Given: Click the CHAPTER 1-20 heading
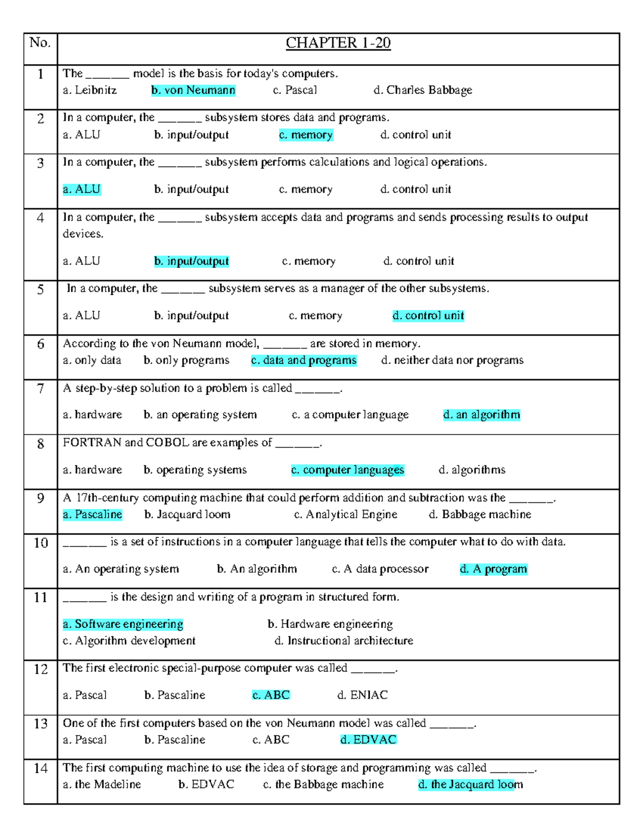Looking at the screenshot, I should click(x=338, y=43).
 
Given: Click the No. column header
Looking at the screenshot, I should click(x=40, y=43).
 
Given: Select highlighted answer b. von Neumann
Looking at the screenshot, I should click(x=193, y=91).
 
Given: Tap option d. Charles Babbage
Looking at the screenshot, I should click(x=423, y=91).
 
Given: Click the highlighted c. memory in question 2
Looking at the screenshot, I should click(x=306, y=135).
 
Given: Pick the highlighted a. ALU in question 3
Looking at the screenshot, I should click(x=81, y=190).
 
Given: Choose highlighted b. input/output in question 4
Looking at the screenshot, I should click(x=191, y=261).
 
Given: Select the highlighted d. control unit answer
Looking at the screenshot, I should click(x=428, y=316).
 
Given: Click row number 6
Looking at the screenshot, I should click(x=41, y=344).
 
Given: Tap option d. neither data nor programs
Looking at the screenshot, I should click(x=452, y=361).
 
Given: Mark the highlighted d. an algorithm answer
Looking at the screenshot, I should click(x=481, y=415).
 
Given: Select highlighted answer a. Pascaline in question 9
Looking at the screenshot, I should click(x=92, y=515).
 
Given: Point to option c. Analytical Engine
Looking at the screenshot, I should click(x=346, y=515).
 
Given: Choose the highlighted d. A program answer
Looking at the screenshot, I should click(x=494, y=569).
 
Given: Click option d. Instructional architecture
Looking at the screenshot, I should click(x=343, y=641).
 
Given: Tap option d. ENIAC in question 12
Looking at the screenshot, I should click(x=362, y=695).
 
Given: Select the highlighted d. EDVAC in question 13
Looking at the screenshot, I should click(x=368, y=740).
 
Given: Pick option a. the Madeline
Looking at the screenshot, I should click(x=102, y=785).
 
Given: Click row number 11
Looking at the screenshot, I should click(x=41, y=598).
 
